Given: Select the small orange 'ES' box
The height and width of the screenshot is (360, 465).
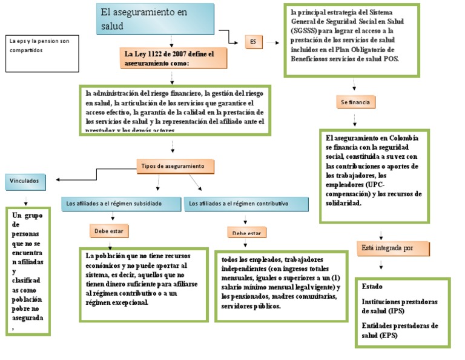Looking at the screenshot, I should point(253,42).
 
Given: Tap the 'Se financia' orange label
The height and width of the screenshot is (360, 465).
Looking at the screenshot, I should point(356,102).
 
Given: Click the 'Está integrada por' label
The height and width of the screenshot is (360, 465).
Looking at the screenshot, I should point(393,248).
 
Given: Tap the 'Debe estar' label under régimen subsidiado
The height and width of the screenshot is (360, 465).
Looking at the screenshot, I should point(110,231).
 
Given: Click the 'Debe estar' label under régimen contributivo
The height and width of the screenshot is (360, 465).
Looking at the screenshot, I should point(247,233).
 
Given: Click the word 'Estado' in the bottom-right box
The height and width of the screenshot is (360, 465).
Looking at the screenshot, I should point(372,286).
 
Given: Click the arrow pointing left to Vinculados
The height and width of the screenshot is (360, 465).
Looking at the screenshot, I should point(58,179).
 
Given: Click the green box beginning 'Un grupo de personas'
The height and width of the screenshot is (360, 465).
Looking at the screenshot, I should point(28,271).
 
